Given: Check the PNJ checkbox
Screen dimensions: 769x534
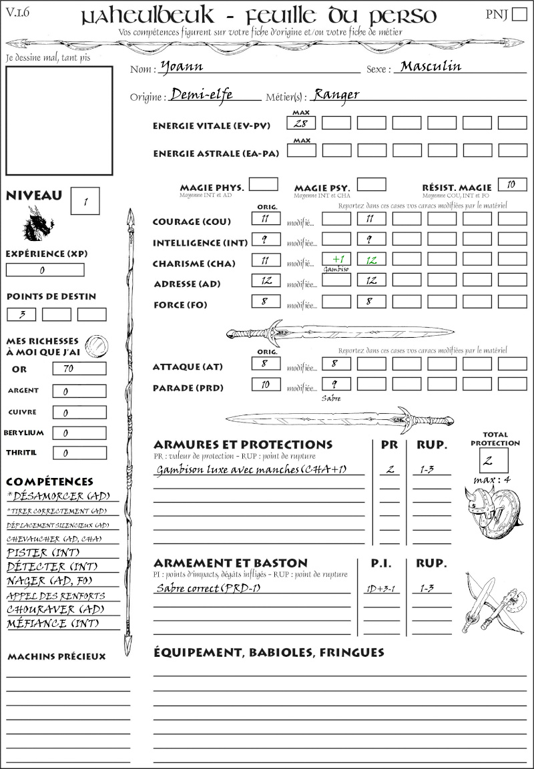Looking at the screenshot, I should tap(519, 15).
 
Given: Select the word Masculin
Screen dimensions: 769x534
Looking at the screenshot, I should tap(431, 66).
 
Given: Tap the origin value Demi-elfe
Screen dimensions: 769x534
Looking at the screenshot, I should tap(202, 95).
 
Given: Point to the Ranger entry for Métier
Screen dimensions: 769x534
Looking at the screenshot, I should tap(336, 95).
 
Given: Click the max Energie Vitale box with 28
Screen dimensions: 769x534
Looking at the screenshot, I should tap(301, 123).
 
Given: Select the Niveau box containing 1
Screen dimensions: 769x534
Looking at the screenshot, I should tap(85, 200).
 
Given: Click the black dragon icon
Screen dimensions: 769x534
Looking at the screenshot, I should tap(37, 224).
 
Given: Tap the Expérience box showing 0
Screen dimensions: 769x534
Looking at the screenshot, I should tap(45, 270).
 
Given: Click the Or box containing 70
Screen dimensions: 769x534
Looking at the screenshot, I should tap(79, 368).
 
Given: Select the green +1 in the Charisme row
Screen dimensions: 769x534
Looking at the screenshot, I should tap(336, 259).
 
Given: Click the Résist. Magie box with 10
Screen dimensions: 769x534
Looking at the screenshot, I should tap(512, 184).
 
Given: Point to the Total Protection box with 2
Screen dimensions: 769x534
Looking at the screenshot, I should tap(493, 460).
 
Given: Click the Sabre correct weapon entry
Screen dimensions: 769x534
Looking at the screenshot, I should tap(208, 588).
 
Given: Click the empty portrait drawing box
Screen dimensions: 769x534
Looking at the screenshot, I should tap(59, 120).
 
